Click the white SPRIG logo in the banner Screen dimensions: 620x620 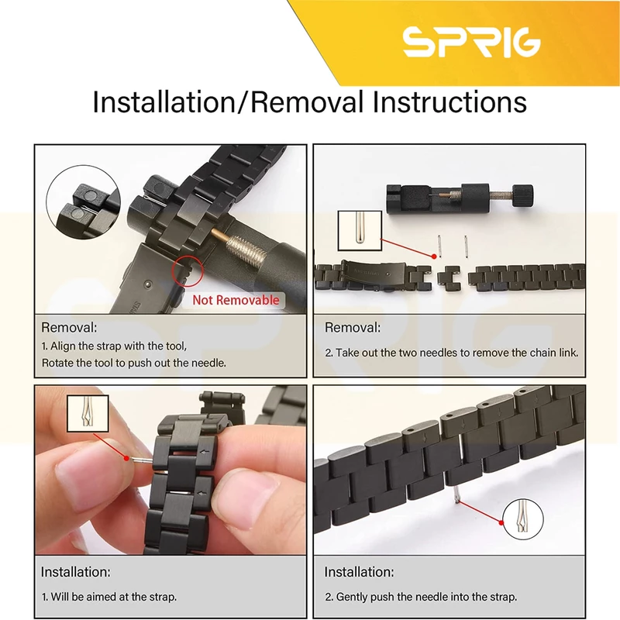click(x=471, y=42)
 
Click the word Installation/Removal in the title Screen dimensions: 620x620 click(x=228, y=102)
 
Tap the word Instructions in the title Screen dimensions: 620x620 click(x=449, y=102)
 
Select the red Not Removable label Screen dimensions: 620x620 click(x=236, y=300)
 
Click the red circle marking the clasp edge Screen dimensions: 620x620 click(x=188, y=270)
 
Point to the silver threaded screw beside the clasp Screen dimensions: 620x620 click(x=246, y=249)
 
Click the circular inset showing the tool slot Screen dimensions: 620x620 click(x=84, y=202)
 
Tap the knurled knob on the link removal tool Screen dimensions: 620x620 click(x=522, y=195)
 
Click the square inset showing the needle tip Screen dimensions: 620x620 click(x=360, y=230)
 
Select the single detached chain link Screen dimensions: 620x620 click(x=449, y=278)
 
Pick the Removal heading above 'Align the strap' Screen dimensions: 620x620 click(x=69, y=327)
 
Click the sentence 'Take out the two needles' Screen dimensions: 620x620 click(x=452, y=353)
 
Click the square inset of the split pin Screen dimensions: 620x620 click(x=88, y=413)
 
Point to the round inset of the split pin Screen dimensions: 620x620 click(x=522, y=519)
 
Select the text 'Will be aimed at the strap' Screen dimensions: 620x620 click(x=109, y=597)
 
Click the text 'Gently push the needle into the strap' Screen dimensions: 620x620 click(x=421, y=597)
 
